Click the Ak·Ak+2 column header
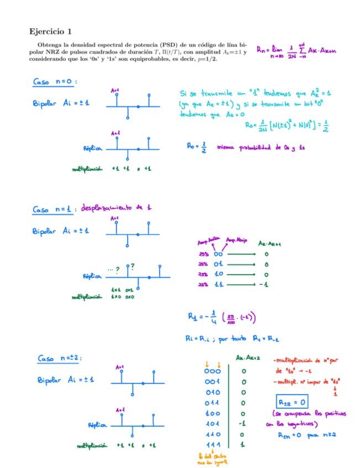[244, 358]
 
